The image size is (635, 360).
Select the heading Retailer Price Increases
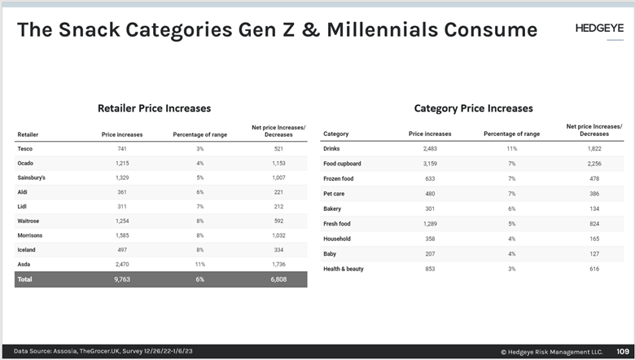tap(154, 108)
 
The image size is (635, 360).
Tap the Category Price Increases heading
tap(473, 108)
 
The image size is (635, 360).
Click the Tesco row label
tap(25, 149)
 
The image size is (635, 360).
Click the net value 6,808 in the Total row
tap(278, 279)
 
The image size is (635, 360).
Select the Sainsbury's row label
tap(31, 178)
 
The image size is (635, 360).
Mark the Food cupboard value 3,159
tap(430, 164)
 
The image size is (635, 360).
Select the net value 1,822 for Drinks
tap(593, 149)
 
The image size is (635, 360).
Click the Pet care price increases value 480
tap(430, 194)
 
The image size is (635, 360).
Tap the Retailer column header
tap(28, 134)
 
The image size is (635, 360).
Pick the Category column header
tap(336, 134)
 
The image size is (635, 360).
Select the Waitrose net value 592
tap(278, 221)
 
